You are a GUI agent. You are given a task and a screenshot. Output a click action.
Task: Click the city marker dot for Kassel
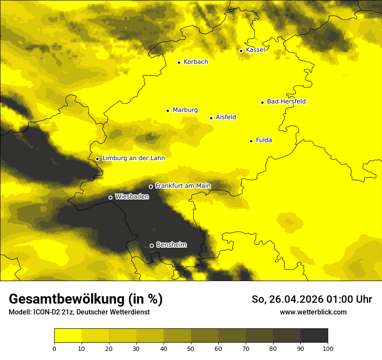coord(241,51)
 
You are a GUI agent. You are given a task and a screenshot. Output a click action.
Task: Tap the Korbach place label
coord(196,62)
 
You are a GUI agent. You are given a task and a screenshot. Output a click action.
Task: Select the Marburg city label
coord(185,110)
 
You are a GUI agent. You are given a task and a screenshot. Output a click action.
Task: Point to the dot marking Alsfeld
coord(211,118)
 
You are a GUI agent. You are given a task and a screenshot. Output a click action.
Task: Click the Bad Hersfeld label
coord(286,101)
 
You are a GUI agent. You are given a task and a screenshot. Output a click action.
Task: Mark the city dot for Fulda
coord(251,141)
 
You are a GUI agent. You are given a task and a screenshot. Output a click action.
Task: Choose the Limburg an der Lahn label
coord(133,158)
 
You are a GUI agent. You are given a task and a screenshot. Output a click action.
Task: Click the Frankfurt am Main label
coord(183,186)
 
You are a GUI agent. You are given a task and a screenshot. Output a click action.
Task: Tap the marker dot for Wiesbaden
coord(110,197)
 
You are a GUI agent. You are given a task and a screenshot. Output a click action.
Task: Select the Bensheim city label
coord(171,245)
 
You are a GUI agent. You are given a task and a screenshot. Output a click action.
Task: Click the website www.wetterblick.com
coord(313,312)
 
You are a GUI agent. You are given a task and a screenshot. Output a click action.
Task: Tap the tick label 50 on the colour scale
coord(191,348)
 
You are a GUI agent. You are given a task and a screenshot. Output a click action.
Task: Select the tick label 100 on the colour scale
coord(328,348)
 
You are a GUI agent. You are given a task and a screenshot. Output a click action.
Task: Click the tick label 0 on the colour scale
coord(54,348)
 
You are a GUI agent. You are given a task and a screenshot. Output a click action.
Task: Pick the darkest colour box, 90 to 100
coord(314,336)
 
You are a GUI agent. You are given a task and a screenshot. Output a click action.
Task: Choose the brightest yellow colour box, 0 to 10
coord(68,336)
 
